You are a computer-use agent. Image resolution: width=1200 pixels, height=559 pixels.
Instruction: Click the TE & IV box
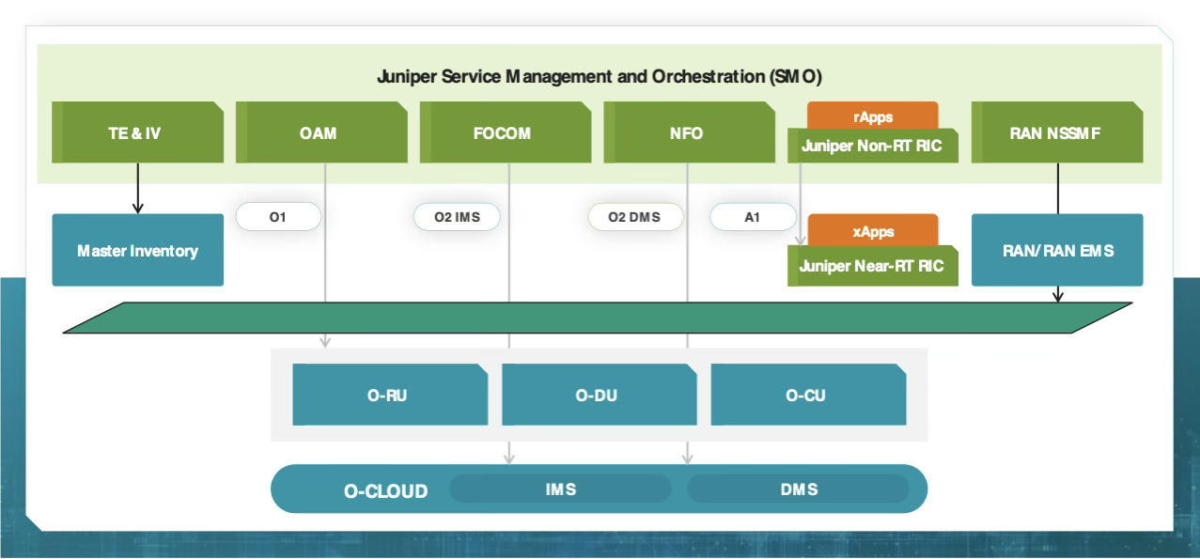[x=137, y=132]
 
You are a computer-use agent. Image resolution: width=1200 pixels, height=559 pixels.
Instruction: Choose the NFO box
[x=688, y=132]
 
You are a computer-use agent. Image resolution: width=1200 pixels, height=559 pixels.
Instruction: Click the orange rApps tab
[x=872, y=116]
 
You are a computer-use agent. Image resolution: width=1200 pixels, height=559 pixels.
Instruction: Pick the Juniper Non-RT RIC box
[x=872, y=147]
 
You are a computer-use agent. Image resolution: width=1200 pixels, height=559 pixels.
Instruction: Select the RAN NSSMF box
[x=1056, y=132]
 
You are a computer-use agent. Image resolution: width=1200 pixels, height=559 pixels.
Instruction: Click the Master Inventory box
[x=137, y=250]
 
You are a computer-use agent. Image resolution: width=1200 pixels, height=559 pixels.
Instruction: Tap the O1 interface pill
[x=278, y=217]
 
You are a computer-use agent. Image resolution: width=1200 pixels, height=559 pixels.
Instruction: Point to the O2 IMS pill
[x=457, y=217]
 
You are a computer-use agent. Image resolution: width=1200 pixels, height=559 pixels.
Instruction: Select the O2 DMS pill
[x=634, y=217]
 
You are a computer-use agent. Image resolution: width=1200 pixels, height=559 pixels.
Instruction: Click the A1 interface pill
[x=753, y=217]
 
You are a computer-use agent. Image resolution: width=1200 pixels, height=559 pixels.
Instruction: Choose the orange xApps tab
[x=872, y=230]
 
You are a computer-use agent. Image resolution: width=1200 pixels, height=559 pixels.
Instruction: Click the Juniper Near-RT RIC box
[x=872, y=266]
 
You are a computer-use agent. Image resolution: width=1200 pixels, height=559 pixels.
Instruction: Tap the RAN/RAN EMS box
[x=1056, y=250]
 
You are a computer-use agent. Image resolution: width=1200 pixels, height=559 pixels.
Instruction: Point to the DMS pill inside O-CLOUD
[x=798, y=489]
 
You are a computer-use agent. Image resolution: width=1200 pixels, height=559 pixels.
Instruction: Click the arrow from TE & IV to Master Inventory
[x=138, y=188]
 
